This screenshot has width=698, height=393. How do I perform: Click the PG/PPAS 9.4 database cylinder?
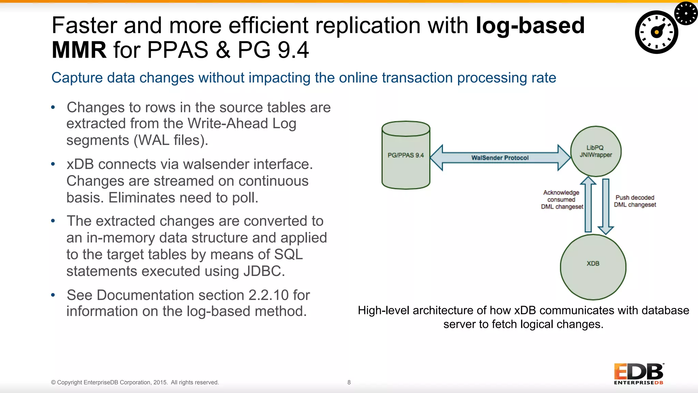[x=406, y=155]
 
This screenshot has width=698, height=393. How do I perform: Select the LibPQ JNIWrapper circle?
[x=596, y=151]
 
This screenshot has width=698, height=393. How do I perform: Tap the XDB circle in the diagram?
[x=593, y=267]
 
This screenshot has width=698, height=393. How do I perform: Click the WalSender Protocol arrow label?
[x=500, y=158]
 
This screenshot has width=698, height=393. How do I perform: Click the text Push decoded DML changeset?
[x=635, y=201]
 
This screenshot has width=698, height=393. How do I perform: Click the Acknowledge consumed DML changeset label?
[x=562, y=200]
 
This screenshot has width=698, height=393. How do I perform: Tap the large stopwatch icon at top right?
[x=656, y=32]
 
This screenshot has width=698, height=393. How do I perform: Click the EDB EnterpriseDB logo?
[x=639, y=374]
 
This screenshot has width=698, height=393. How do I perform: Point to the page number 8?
[x=349, y=382]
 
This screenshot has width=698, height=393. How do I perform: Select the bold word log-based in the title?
[x=530, y=26]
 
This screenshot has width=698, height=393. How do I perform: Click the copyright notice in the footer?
[x=135, y=382]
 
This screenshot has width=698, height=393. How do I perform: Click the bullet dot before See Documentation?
[x=53, y=295]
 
